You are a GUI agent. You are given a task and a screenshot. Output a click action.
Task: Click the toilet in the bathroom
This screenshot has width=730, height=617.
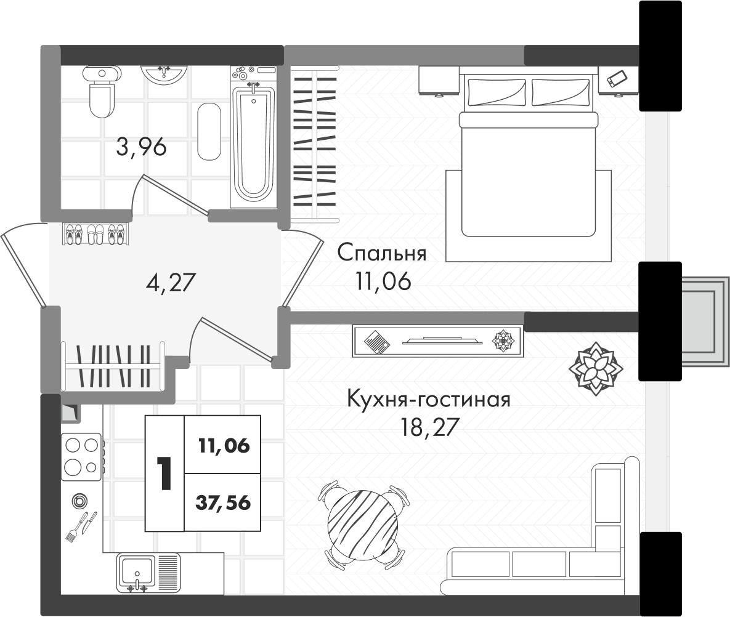tap(102, 92)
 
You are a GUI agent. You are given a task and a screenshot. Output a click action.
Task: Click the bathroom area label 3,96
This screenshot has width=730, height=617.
tap(141, 147)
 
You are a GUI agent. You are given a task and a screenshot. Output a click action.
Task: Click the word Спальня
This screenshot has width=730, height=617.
tap(382, 253)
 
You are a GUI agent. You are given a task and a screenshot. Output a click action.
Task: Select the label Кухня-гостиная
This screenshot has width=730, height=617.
tap(429, 400)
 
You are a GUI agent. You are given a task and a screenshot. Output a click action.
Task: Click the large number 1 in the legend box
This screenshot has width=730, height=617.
tap(164, 473)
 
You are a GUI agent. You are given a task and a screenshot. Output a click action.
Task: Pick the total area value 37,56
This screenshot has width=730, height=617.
tap(223, 503)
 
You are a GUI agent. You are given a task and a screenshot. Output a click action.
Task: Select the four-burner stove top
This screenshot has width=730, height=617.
tap(81, 456)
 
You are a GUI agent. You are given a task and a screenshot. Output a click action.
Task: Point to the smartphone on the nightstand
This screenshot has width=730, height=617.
tap(617, 79)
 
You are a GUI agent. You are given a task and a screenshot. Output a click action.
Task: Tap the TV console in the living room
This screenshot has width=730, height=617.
tap(437, 341)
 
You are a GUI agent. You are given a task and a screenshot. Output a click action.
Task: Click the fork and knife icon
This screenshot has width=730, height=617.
tap(81, 526)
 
